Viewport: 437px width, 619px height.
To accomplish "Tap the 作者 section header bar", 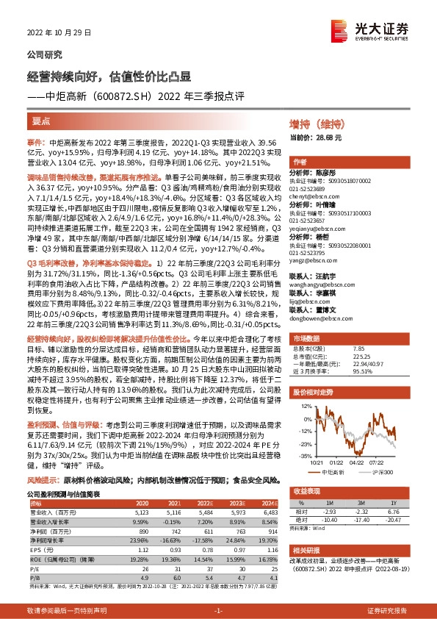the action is point(300,162).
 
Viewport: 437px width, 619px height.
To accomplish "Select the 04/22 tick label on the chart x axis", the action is point(356,462).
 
